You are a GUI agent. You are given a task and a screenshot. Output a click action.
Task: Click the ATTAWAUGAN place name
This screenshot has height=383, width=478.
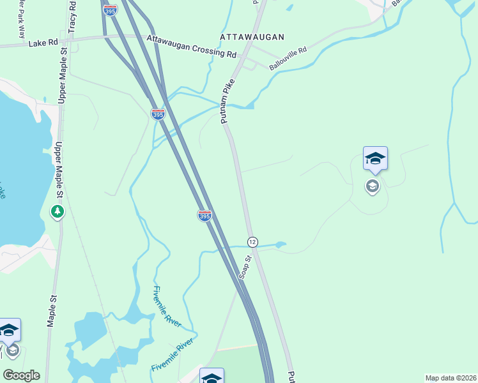point(252,38)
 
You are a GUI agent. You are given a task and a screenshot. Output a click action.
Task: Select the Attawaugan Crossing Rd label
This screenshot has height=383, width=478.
point(191,47)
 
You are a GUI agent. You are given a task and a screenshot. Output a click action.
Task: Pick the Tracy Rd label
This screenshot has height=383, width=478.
point(72,20)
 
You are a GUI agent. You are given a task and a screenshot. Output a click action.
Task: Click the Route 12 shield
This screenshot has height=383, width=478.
point(252,241)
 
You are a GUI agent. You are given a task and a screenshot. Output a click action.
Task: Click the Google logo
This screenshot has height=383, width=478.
point(21,375)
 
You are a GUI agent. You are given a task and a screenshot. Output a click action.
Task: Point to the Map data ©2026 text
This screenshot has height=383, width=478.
point(451,378)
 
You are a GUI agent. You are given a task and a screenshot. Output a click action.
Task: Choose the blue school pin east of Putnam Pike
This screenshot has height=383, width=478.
point(375,158)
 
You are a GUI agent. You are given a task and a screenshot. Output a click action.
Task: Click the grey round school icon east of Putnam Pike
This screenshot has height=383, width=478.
point(373,186)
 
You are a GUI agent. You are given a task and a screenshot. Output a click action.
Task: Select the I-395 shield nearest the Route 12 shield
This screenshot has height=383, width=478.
point(204,216)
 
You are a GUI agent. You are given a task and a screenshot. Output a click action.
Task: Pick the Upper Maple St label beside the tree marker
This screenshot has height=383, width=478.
point(59,170)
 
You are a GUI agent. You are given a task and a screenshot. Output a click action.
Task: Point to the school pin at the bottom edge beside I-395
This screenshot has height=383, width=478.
point(212,376)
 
